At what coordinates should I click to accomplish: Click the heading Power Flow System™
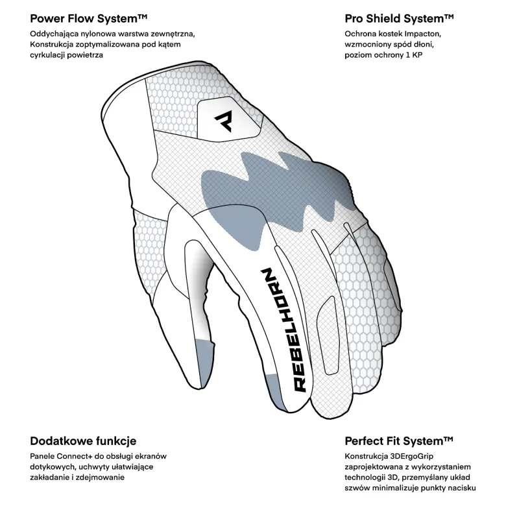coord(89,19)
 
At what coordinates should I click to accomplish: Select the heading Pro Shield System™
coord(399,19)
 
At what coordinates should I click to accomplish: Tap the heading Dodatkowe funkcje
coord(83,441)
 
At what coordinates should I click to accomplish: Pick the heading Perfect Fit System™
coord(399,441)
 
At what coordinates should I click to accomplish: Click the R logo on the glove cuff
coord(223,121)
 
